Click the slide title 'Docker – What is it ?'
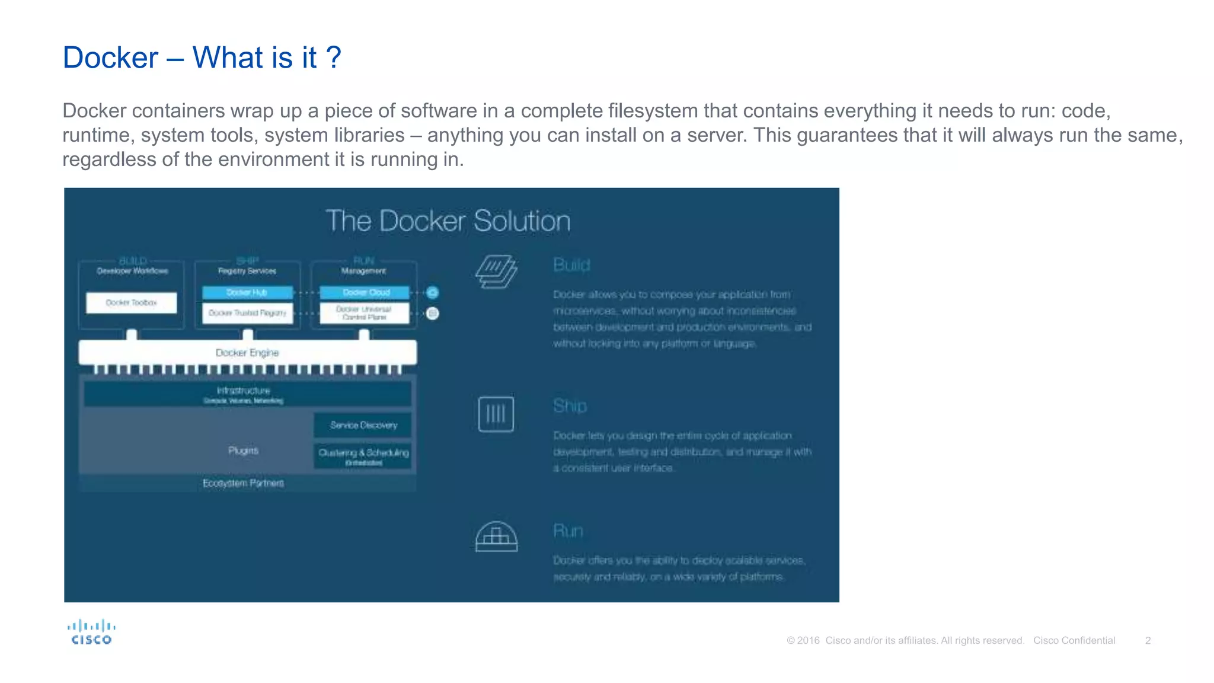point(202,58)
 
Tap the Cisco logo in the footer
point(91,632)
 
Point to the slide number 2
point(1148,640)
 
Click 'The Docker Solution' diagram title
point(448,221)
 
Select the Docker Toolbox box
point(131,302)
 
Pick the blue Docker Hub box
point(247,292)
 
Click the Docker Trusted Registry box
point(247,313)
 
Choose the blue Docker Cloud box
point(365,292)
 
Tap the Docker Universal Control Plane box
point(365,313)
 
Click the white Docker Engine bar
point(247,353)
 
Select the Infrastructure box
point(247,394)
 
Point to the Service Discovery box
point(363,425)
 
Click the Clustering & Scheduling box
point(363,455)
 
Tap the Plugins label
point(243,451)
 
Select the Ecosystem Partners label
point(243,483)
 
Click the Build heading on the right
point(571,265)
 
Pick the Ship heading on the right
point(570,406)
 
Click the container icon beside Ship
point(496,414)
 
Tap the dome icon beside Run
point(496,537)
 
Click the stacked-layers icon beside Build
point(496,272)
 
